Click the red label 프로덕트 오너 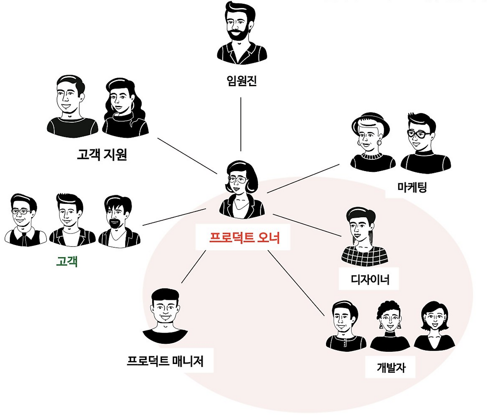244,237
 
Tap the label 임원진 242,81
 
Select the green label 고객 67,261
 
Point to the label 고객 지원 102,155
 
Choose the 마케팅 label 412,187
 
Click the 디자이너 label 369,279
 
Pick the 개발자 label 391,367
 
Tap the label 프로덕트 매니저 165,361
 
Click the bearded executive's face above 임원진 239,25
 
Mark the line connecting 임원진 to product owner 240,124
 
